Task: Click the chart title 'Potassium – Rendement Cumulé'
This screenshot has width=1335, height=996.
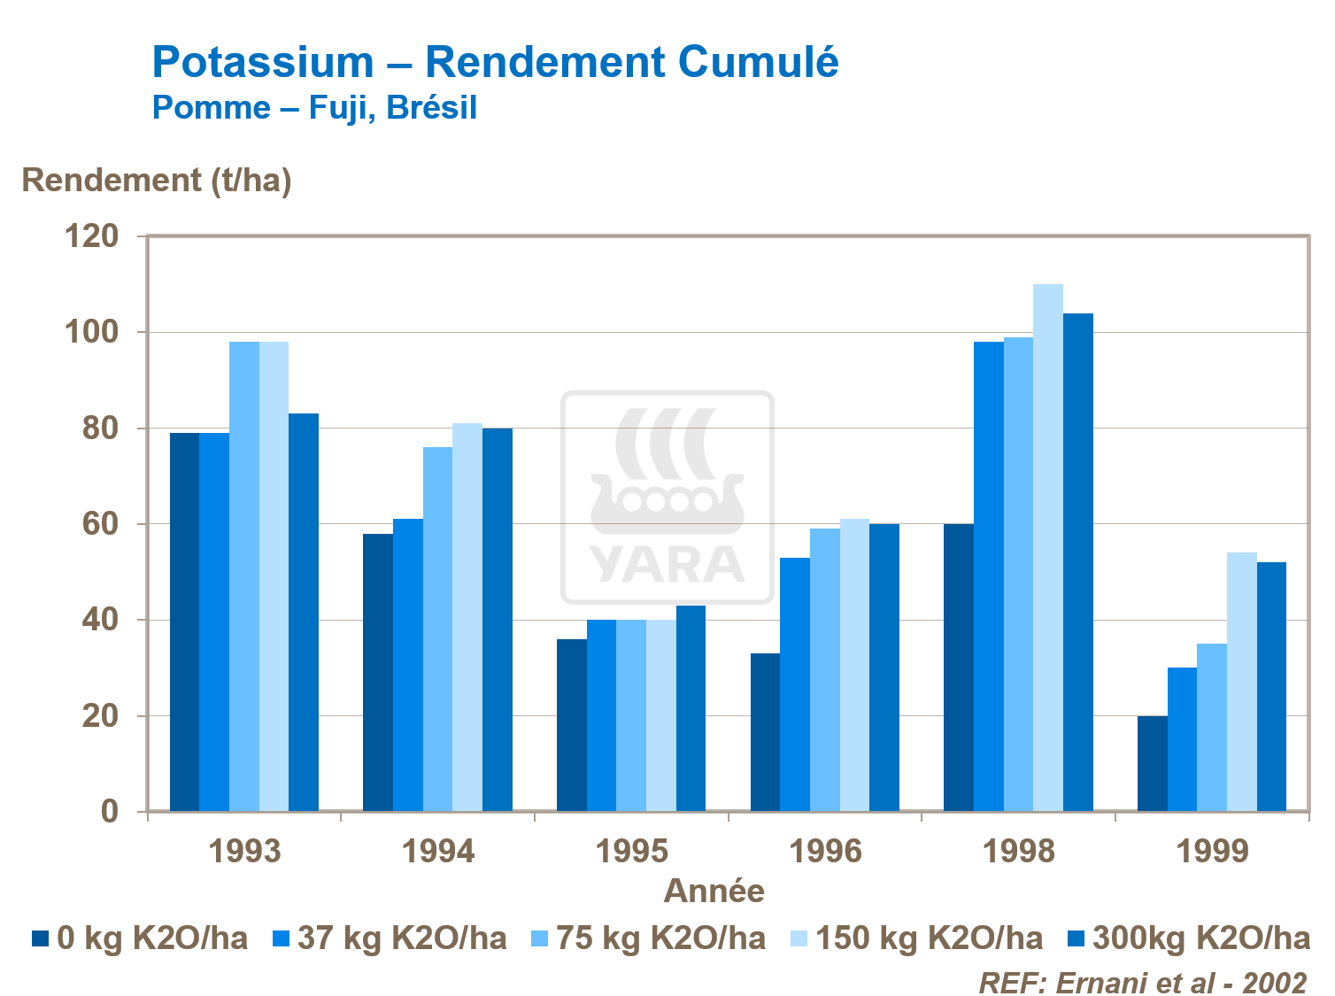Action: tap(495, 62)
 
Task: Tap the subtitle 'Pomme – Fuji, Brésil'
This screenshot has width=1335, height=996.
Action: tap(314, 107)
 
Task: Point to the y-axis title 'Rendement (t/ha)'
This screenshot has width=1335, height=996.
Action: tap(157, 180)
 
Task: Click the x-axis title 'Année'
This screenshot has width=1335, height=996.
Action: tap(714, 890)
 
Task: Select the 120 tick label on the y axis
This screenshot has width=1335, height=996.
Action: tap(91, 236)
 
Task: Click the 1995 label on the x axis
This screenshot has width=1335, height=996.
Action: tap(632, 851)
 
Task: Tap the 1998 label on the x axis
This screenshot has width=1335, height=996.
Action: tap(1019, 851)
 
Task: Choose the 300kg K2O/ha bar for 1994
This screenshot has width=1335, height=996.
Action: tap(498, 620)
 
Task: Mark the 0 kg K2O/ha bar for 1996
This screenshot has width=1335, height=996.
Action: tap(765, 732)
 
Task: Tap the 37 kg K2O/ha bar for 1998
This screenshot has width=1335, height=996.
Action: tap(989, 576)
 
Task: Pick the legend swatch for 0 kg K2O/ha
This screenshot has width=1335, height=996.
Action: tap(41, 938)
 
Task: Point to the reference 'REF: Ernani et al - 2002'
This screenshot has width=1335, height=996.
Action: tap(1142, 982)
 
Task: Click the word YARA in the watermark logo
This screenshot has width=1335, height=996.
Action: tap(667, 565)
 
